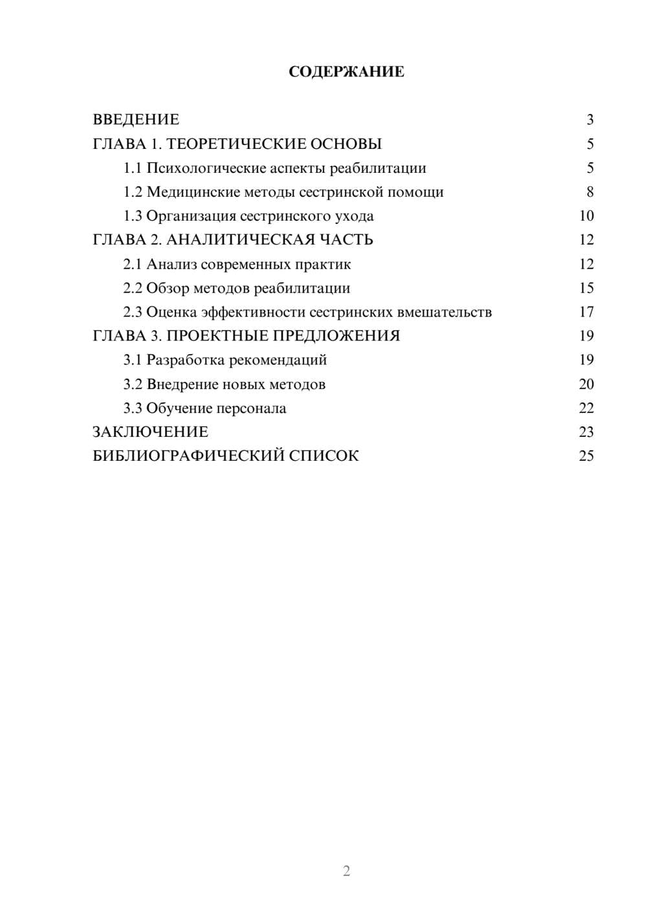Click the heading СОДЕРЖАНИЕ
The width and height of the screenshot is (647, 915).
click(346, 72)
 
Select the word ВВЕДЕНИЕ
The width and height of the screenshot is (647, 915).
click(136, 120)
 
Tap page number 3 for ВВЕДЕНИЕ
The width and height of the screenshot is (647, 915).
click(589, 120)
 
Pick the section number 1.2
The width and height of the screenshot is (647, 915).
click(133, 192)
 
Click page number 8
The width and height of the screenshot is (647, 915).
click(589, 192)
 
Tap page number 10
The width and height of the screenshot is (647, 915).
click(586, 216)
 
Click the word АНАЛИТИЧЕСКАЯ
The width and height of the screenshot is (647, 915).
click(240, 240)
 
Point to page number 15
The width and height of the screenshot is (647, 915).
click(586, 288)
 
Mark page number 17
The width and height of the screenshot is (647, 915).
click(586, 312)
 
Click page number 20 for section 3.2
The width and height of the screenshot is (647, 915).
click(586, 384)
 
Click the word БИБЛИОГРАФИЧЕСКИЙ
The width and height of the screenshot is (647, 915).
click(188, 456)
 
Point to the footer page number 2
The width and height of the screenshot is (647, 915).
click(346, 871)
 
